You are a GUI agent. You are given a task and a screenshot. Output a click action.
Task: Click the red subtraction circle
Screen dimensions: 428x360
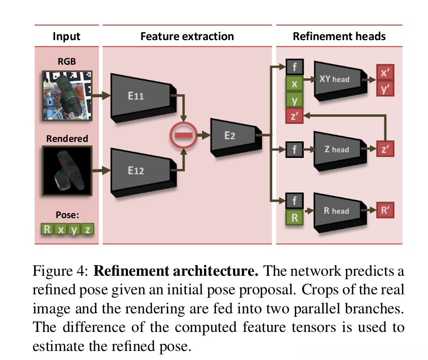pyautogui.click(x=183, y=135)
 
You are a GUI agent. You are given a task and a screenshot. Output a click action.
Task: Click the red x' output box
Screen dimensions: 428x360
pyautogui.click(x=385, y=72)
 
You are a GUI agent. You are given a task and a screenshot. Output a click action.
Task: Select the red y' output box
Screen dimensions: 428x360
pyautogui.click(x=385, y=89)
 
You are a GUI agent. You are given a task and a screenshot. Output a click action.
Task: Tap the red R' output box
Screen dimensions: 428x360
pyautogui.click(x=385, y=210)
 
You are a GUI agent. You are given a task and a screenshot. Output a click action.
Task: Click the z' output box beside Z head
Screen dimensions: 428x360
pyautogui.click(x=385, y=149)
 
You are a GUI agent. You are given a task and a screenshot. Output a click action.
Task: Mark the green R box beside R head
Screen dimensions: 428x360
pyautogui.click(x=295, y=218)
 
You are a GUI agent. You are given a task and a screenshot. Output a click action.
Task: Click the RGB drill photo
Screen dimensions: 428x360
pyautogui.click(x=67, y=96)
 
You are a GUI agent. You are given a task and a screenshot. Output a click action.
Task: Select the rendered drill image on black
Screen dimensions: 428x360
pyautogui.click(x=67, y=170)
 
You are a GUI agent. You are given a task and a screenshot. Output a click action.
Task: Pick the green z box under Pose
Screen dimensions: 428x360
pyautogui.click(x=87, y=229)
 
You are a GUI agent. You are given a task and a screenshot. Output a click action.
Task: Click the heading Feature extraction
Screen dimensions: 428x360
pyautogui.click(x=187, y=36)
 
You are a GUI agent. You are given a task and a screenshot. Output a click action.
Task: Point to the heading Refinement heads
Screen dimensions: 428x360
pyautogui.click(x=339, y=36)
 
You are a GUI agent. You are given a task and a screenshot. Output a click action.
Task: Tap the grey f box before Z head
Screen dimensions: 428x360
pyautogui.click(x=295, y=150)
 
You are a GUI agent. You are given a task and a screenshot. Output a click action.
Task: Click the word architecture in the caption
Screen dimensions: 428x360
pyautogui.click(x=216, y=271)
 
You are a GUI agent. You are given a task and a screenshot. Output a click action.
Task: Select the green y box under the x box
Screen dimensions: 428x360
pyautogui.click(x=295, y=99)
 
